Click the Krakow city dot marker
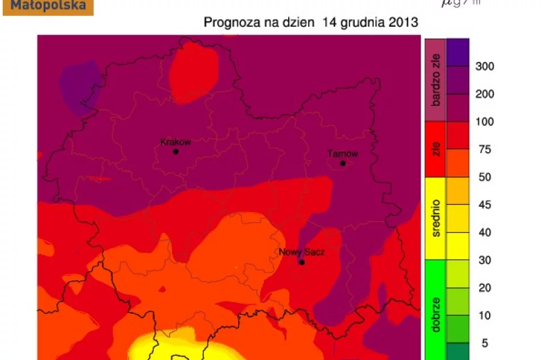click(x=175, y=152)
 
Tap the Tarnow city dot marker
click(x=343, y=163)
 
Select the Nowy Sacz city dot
click(x=302, y=262)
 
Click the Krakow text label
click(x=175, y=142)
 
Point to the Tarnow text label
click(x=343, y=154)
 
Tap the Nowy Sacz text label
click(x=302, y=252)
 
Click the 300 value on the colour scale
click(x=485, y=67)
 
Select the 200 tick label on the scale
click(x=485, y=94)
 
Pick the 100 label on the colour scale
click(x=485, y=122)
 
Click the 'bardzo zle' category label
click(x=436, y=79)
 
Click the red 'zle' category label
click(x=436, y=149)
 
